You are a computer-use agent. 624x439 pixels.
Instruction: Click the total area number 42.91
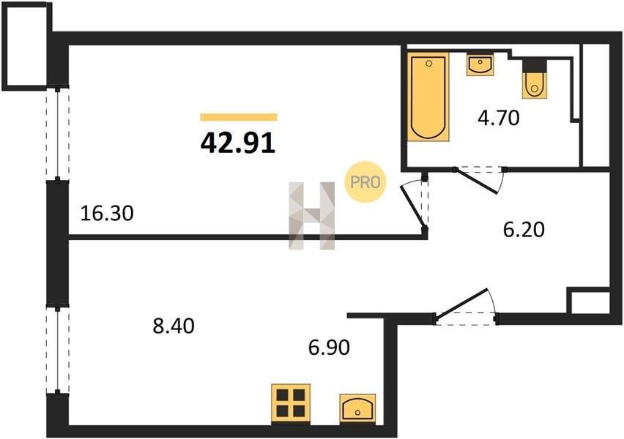click(238, 143)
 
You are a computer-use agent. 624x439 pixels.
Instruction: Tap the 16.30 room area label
click(107, 213)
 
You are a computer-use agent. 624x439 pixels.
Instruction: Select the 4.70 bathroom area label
click(499, 118)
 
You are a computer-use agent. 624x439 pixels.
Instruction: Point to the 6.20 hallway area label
click(524, 230)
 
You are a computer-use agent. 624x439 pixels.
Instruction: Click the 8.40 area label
click(174, 326)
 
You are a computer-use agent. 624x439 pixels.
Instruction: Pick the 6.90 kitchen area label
click(329, 347)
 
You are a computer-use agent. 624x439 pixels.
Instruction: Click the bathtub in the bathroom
click(428, 97)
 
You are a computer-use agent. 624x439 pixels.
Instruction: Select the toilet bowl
click(535, 84)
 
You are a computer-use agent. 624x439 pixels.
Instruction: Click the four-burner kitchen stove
click(291, 403)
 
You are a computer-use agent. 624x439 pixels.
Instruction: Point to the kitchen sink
click(357, 408)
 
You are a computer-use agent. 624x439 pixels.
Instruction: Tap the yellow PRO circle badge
click(365, 181)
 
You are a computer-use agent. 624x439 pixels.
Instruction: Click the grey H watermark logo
click(311, 216)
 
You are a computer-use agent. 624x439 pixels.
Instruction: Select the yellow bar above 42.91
click(238, 117)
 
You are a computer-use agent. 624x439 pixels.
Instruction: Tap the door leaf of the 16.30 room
click(413, 208)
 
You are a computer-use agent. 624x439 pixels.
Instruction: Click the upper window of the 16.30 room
click(58, 134)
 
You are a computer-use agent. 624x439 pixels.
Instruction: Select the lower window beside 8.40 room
click(58, 350)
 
